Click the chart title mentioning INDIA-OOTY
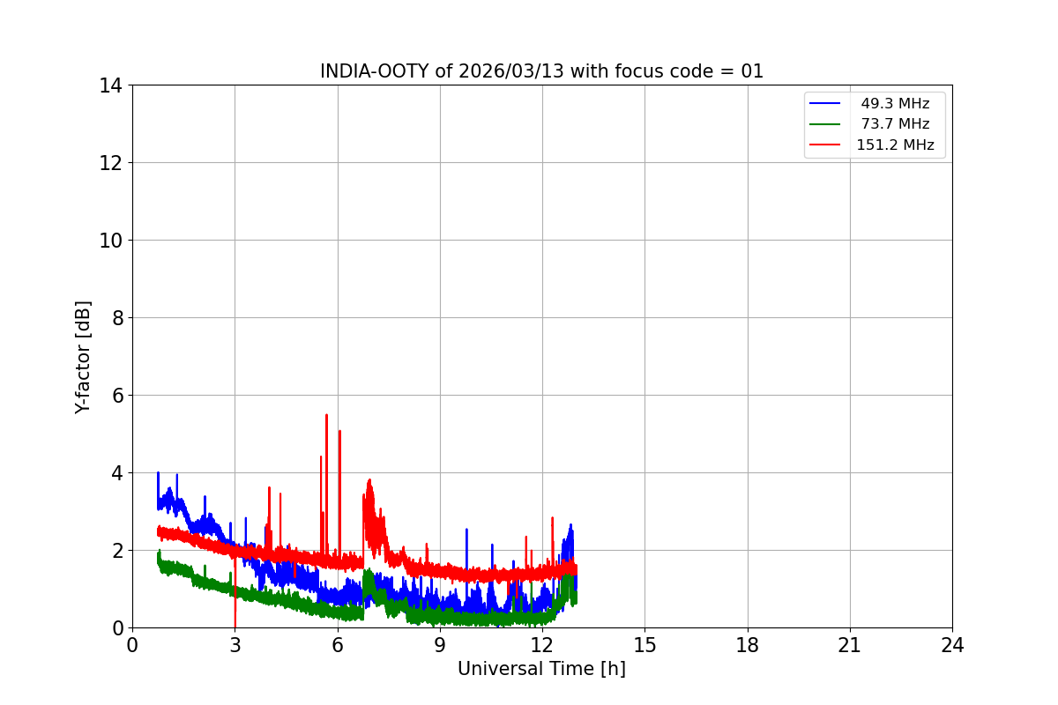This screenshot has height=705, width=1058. click(x=541, y=71)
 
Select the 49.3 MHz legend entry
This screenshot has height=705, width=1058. click(x=895, y=104)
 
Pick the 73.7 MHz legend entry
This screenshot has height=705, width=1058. click(x=895, y=124)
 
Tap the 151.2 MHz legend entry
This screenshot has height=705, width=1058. click(x=895, y=145)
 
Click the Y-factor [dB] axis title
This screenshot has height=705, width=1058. click(x=83, y=357)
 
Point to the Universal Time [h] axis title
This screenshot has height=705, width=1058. click(x=541, y=669)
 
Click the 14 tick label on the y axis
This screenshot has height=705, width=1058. click(x=111, y=85)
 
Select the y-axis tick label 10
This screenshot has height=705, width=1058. click(x=111, y=241)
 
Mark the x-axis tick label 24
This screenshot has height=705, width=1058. click(x=952, y=645)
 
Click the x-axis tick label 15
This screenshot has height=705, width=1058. click(x=644, y=645)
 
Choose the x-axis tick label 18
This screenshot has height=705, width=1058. click(x=748, y=645)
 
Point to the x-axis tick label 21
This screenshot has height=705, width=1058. click(x=850, y=645)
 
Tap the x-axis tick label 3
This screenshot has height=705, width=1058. click(x=235, y=645)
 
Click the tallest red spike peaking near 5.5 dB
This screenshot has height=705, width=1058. click(x=326, y=416)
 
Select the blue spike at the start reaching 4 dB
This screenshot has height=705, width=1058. click(x=158, y=474)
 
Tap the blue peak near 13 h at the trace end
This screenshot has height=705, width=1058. click(x=571, y=526)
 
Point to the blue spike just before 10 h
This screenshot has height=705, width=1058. click(x=466, y=531)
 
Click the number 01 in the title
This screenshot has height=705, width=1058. click(x=752, y=71)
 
